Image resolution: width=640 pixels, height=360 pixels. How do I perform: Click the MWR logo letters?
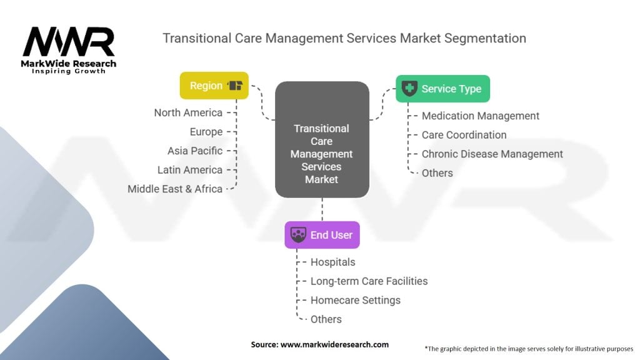point(69,42)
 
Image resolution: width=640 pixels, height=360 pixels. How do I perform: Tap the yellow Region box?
point(214,86)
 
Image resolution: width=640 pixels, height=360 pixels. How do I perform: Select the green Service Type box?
point(443,89)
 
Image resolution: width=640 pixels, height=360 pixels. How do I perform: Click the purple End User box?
point(322,235)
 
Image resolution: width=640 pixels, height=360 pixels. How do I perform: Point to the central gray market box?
point(322,139)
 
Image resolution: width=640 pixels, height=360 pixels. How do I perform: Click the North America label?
point(188,112)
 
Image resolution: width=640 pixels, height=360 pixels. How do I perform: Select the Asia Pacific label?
point(195,151)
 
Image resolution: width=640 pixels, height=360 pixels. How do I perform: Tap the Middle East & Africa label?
point(175,189)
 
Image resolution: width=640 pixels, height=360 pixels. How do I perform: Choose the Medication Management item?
point(481,116)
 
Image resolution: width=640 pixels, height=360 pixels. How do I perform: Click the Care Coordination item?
point(464,135)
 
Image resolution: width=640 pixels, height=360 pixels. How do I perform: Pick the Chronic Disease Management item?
point(492,154)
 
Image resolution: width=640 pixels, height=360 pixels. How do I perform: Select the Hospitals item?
point(332,262)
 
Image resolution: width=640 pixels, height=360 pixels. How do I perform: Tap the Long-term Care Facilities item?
point(369,281)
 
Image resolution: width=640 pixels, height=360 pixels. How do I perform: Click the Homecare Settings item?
point(356,301)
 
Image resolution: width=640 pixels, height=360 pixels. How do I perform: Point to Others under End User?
point(326,319)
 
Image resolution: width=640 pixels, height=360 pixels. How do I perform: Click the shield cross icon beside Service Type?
point(409,88)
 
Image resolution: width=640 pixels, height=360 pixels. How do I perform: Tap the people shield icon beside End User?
point(298,235)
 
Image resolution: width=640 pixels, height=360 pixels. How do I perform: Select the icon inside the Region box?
point(235,85)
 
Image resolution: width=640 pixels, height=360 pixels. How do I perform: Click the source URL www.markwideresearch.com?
point(335,344)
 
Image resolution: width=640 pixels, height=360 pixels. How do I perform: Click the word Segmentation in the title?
point(485,38)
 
